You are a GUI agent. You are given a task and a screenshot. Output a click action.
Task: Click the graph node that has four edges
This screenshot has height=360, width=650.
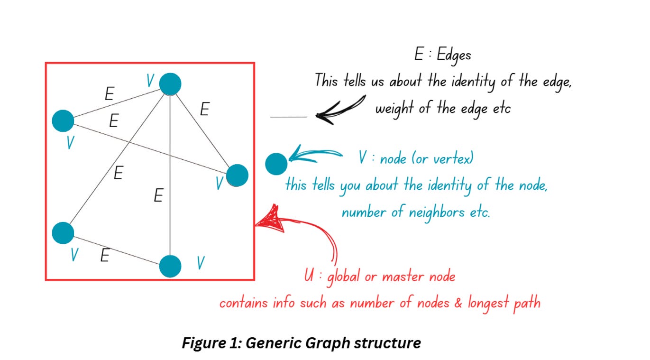pos(170,84)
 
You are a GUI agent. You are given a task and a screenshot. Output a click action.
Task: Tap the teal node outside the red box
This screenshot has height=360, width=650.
pos(276,164)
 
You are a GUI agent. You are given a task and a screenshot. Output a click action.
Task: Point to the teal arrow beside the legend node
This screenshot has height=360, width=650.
pos(315,154)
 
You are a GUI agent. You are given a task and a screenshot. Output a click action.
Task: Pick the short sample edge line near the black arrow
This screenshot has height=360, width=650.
pos(288,117)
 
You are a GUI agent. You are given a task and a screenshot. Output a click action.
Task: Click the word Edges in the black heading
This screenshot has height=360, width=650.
pos(454,55)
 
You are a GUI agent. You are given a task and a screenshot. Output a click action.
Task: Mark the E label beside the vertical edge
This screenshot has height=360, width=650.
pos(158,195)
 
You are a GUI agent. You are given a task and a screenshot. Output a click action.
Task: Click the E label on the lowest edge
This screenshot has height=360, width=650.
pos(105,256)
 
